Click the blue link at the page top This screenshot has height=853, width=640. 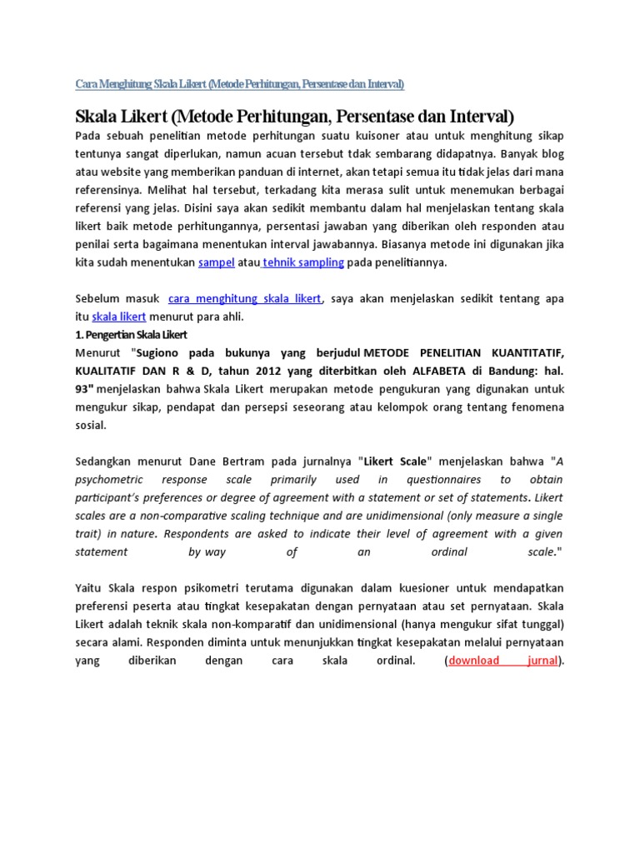(240, 84)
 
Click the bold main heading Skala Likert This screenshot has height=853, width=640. (295, 115)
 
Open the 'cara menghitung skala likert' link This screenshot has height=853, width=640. (245, 299)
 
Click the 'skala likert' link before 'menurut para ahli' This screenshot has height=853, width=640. (119, 317)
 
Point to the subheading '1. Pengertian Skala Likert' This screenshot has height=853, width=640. (131, 335)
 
